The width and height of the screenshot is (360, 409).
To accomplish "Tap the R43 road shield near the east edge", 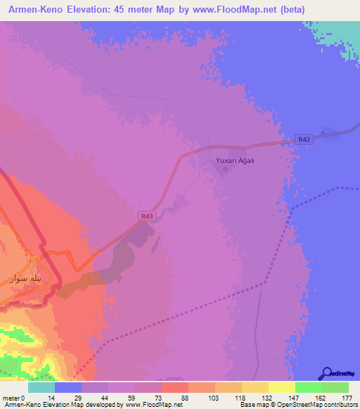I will (303, 139).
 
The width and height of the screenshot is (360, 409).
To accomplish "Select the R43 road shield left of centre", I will (146, 216).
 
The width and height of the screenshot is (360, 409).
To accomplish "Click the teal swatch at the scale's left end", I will (41, 387).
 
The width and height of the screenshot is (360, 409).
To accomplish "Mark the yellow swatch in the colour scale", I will (281, 387).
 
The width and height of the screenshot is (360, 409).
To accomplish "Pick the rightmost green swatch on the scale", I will (335, 387).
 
